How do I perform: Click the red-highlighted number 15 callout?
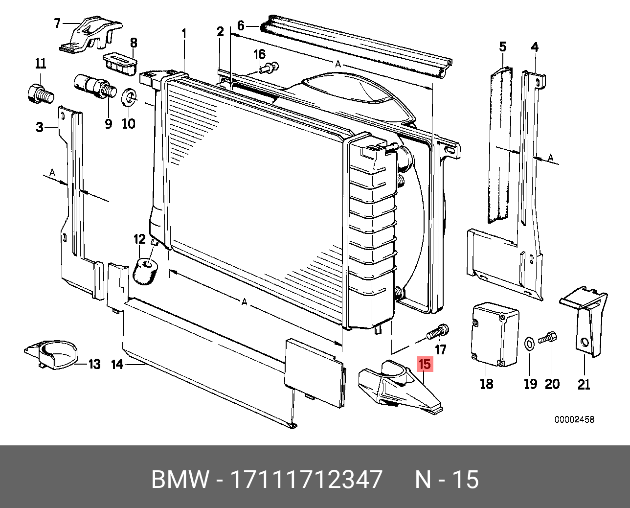click(x=424, y=364)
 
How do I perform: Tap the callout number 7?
click(x=57, y=23)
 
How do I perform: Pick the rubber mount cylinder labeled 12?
click(x=145, y=270)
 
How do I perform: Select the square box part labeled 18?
click(x=495, y=335)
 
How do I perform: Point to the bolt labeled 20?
click(x=548, y=338)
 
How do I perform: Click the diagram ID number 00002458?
click(x=574, y=419)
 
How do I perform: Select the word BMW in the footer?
click(x=180, y=479)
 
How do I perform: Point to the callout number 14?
click(x=117, y=364)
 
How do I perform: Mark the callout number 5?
click(x=503, y=47)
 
